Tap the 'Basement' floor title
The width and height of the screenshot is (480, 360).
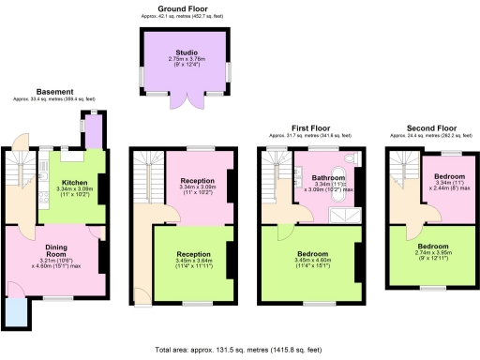54,91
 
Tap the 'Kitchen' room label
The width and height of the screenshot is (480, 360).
74,183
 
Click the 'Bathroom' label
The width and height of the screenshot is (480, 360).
327,176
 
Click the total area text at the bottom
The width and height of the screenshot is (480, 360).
239,350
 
